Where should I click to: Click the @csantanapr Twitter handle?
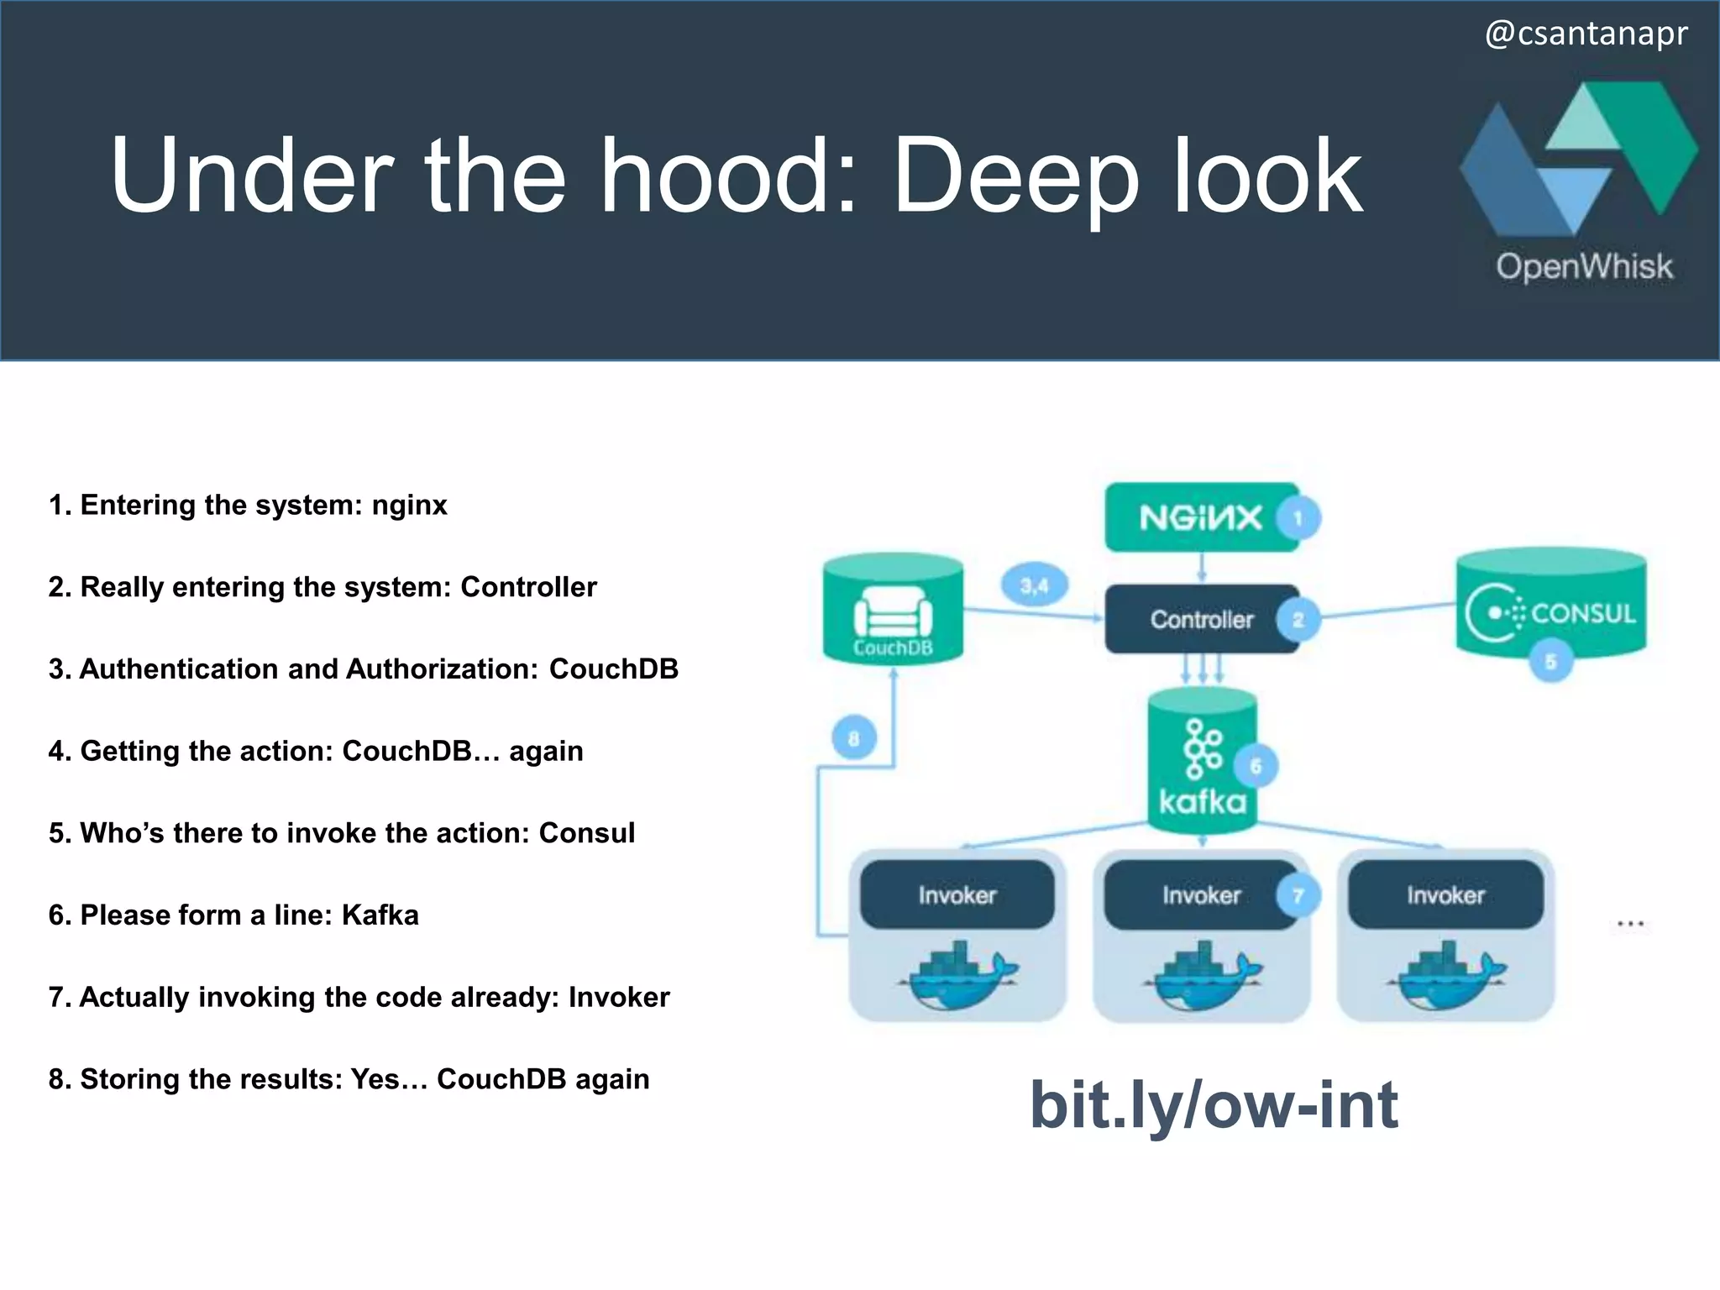coord(1586,34)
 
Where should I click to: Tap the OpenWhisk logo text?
coord(1584,267)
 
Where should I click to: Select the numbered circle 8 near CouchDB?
coord(854,738)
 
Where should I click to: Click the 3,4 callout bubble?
coord(1034,585)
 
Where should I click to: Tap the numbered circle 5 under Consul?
coord(1550,662)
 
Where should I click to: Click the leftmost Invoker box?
coord(957,895)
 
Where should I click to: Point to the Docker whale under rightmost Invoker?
coord(1446,977)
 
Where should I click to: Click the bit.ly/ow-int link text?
coord(1214,1104)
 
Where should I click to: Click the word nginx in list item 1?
coord(409,505)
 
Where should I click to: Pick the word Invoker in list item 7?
coord(619,997)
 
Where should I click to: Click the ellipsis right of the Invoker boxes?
coord(1630,924)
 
